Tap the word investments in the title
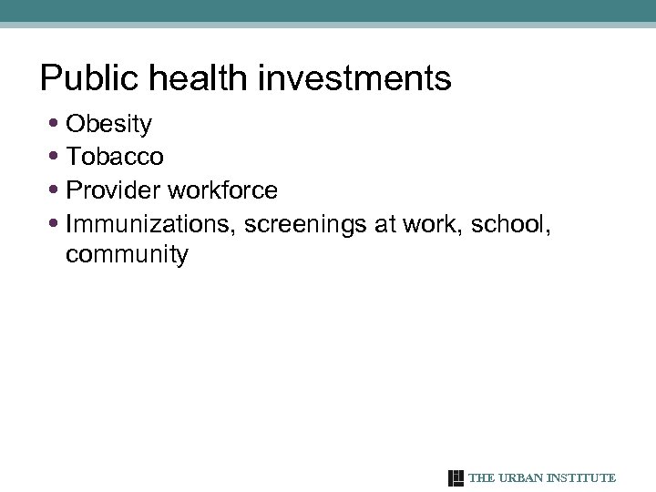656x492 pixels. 354,79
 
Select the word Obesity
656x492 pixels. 109,124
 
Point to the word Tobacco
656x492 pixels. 115,157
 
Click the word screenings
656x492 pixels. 305,223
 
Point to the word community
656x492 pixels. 127,255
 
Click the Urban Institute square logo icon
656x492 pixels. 456,478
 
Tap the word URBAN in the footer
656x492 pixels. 518,478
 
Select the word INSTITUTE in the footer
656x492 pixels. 581,478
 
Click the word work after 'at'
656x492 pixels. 432,223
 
